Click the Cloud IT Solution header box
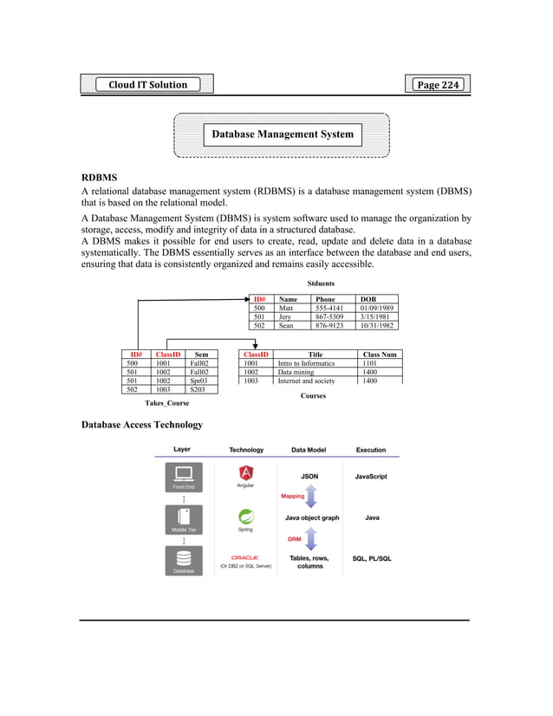[147, 84]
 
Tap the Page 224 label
[438, 84]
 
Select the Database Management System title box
[283, 134]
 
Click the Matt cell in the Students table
[285, 308]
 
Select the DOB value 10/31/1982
[378, 327]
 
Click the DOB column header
[368, 299]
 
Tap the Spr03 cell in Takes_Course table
[200, 381]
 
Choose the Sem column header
[201, 355]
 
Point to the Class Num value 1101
[370, 363]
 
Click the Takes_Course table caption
[166, 403]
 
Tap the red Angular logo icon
[246, 473]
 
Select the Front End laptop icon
[184, 474]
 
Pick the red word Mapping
[292, 497]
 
